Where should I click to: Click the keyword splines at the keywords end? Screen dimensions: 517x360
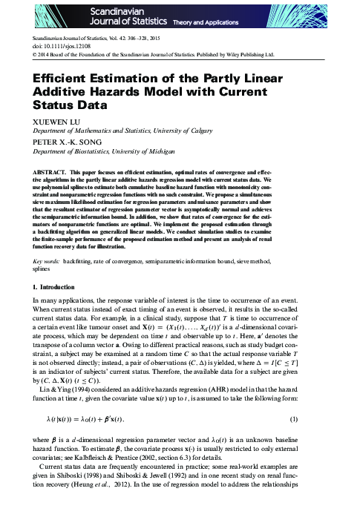[45, 250]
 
